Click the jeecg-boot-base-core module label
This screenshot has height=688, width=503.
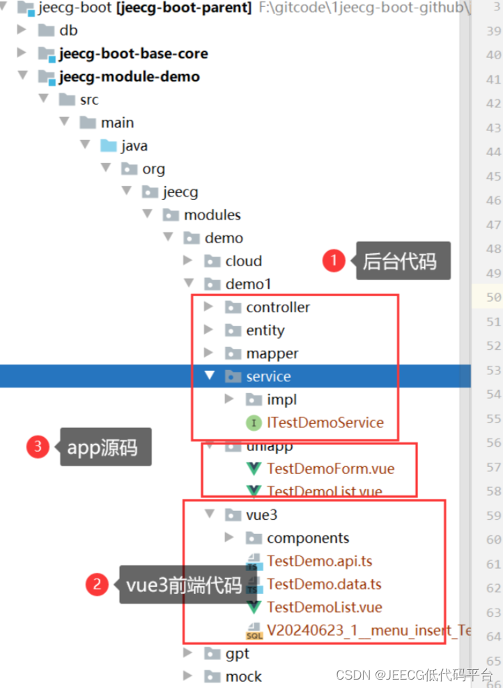click(x=132, y=54)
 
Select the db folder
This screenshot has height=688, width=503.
click(x=68, y=31)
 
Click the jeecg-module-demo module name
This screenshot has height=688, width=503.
click(x=129, y=77)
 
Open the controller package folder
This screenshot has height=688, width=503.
click(x=277, y=307)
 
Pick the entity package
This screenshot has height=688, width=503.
click(x=265, y=330)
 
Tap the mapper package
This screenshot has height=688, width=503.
click(x=272, y=353)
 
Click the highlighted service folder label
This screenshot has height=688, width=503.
click(x=268, y=376)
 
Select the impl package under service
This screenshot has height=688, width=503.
click(x=281, y=399)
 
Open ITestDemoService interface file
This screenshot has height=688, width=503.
click(x=325, y=422)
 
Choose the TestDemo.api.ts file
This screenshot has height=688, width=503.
click(x=324, y=561)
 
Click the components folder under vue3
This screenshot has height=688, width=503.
click(x=307, y=538)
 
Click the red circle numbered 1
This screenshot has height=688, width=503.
click(x=334, y=261)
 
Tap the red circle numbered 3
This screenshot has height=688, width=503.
click(x=38, y=447)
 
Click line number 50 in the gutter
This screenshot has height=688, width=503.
click(x=493, y=298)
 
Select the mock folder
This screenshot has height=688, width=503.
click(x=243, y=676)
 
